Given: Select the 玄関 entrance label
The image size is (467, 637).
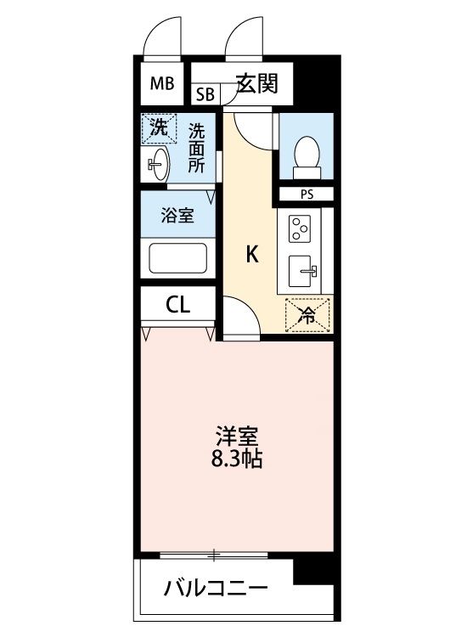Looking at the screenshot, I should [257, 83].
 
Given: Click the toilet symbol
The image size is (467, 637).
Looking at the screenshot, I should [305, 155].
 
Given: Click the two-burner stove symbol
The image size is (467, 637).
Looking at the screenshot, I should [302, 228].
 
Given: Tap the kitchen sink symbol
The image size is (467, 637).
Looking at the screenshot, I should [304, 272].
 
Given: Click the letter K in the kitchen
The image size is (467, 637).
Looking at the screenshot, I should [251, 254].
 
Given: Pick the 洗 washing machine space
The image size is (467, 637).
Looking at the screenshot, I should [159, 129].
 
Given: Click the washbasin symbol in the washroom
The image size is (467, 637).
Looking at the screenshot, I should [159, 163].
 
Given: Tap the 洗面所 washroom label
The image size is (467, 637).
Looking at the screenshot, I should [196, 149].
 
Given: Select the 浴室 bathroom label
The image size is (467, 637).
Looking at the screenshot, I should [177, 215].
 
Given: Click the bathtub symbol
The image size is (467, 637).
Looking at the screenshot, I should [177, 258].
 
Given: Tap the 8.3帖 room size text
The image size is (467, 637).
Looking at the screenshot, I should [236, 461].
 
